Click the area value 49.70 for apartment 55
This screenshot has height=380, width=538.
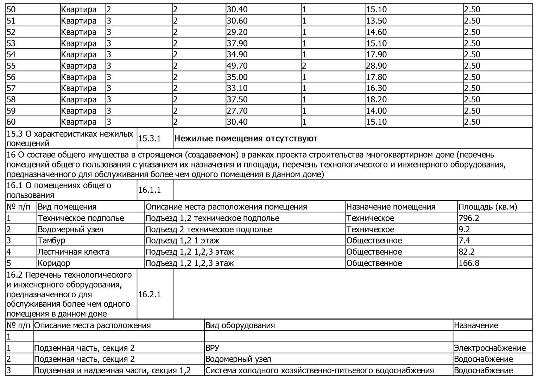click(237, 66)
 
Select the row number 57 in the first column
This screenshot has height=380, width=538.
click(11, 88)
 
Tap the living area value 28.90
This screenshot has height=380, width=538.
click(376, 66)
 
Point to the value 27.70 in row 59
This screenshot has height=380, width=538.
click(237, 111)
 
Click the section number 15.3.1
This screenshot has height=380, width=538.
click(150, 139)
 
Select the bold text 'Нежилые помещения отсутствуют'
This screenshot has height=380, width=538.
click(246, 139)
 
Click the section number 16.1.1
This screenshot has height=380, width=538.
click(150, 190)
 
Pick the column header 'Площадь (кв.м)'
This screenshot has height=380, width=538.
click(488, 207)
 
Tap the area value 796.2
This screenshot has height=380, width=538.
click(469, 218)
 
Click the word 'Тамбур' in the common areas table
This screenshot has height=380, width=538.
click(51, 241)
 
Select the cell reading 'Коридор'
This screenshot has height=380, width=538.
click(54, 263)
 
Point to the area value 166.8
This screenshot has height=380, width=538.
click(469, 263)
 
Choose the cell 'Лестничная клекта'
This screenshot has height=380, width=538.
click(74, 252)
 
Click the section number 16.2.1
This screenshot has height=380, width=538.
click(150, 294)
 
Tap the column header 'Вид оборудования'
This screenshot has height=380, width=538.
click(240, 325)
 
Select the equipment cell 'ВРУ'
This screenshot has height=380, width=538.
click(212, 348)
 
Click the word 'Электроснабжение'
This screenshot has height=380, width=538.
click(490, 348)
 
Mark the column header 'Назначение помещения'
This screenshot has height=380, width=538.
click(391, 207)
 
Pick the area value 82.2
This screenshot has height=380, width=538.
click(467, 252)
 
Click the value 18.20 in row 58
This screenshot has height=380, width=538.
click(376, 100)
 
